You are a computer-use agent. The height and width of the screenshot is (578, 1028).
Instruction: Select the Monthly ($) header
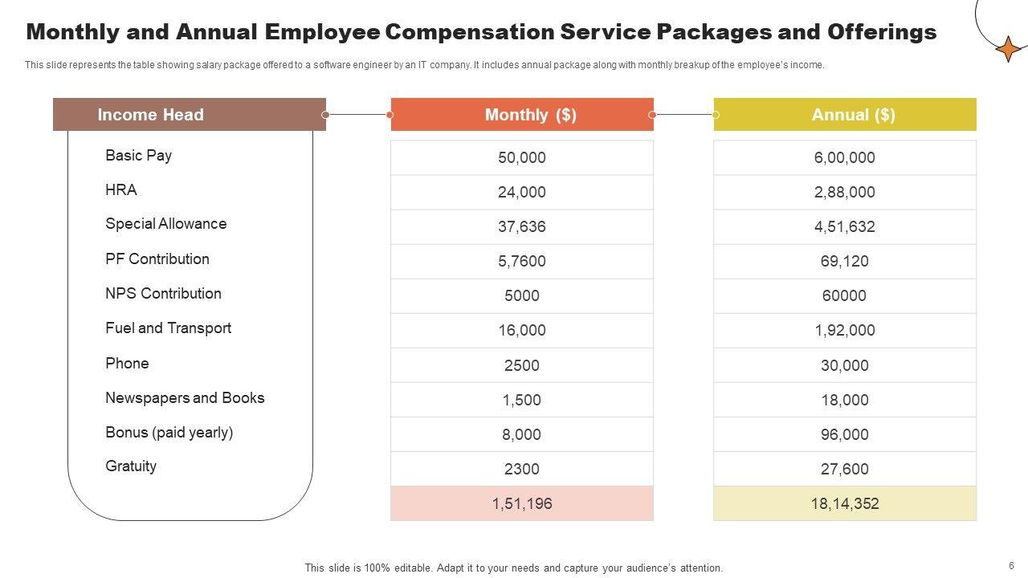(x=530, y=115)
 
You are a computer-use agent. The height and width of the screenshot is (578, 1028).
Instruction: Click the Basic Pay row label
(x=138, y=155)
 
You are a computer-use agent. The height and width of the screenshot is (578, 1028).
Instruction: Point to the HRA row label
(x=121, y=189)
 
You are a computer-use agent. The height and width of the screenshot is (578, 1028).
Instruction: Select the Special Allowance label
(x=165, y=224)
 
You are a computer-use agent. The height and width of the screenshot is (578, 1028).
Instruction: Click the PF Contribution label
(x=157, y=258)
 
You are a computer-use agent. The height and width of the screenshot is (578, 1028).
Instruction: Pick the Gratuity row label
(x=131, y=466)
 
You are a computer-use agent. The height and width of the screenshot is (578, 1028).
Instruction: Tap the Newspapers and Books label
(x=185, y=397)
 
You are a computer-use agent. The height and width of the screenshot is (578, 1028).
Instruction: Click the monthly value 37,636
(x=522, y=226)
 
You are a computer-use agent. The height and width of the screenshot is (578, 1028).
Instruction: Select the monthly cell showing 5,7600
(x=522, y=261)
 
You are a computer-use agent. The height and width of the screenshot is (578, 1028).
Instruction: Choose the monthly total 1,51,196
(x=522, y=503)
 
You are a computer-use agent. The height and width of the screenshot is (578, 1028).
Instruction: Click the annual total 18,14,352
(x=845, y=503)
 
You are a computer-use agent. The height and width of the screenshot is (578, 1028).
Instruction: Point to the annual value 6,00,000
(x=845, y=157)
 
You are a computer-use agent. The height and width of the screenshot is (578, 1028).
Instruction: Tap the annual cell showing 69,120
(x=845, y=261)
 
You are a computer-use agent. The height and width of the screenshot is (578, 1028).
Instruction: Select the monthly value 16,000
(x=522, y=330)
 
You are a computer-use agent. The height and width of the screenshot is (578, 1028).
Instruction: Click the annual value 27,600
(x=845, y=469)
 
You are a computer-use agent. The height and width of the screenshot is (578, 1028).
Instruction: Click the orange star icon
(x=1009, y=49)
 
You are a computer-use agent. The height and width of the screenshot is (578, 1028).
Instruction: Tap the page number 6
(x=1011, y=566)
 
